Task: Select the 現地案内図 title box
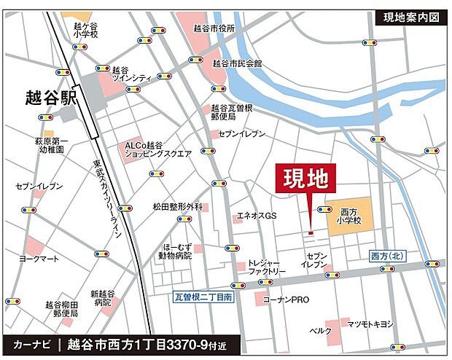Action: coord(410,17)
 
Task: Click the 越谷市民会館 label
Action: coord(236,63)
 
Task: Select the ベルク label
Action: coord(321,331)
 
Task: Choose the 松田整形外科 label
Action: coord(177,207)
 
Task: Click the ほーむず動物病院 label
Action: coord(175,251)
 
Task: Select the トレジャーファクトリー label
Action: coord(266,267)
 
